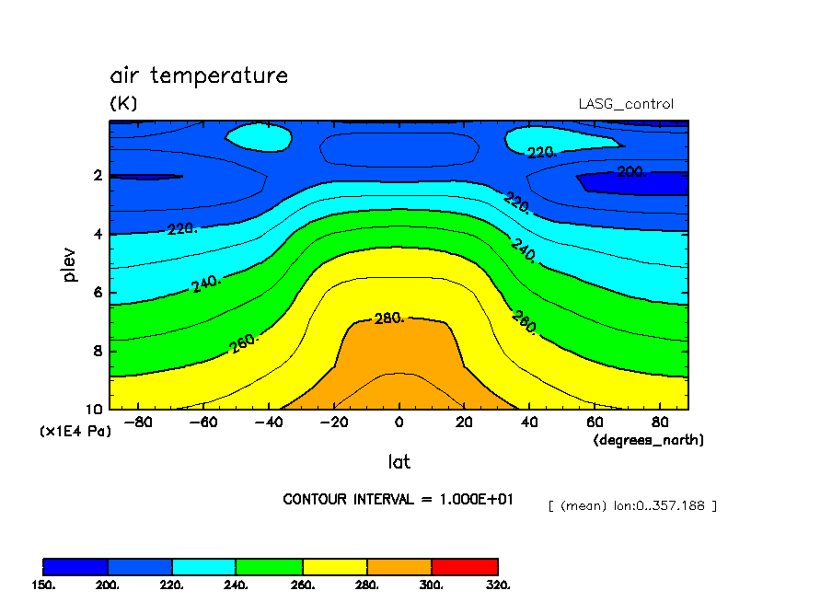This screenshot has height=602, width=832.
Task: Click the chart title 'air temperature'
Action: (199, 75)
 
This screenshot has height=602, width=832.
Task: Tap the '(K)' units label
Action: (123, 104)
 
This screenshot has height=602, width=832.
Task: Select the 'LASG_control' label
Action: (625, 104)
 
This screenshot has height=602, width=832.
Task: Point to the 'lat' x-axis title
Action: (399, 461)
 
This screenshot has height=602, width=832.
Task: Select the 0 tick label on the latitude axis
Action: (399, 423)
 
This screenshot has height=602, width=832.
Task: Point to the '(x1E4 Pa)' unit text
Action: (75, 431)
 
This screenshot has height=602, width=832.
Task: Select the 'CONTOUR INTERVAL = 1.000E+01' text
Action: (398, 499)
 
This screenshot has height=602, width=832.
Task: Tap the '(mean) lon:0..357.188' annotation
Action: (632, 505)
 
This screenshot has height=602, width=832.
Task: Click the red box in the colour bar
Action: (465, 566)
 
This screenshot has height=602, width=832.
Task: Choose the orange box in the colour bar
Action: (399, 566)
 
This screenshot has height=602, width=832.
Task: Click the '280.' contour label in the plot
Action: (390, 318)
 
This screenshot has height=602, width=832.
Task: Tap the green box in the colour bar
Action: (270, 566)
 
